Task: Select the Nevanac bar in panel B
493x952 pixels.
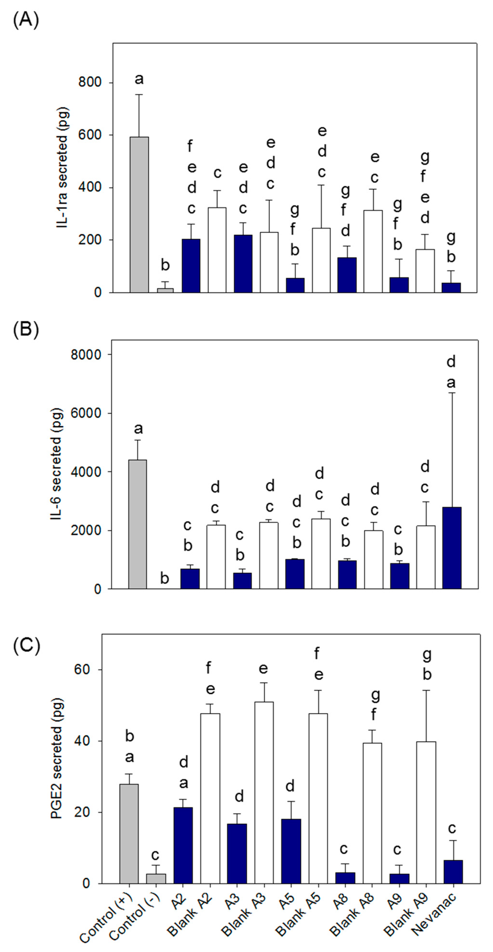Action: point(452,548)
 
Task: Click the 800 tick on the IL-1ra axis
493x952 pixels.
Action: point(90,82)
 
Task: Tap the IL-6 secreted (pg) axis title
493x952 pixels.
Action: point(56,465)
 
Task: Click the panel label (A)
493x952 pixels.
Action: point(26,20)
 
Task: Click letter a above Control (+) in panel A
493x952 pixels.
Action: point(139,79)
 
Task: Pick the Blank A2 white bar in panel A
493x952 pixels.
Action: point(217,250)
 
